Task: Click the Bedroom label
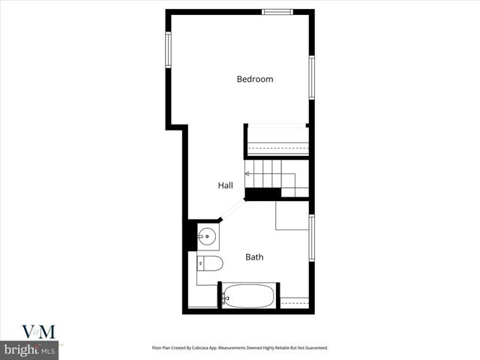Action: [255, 79]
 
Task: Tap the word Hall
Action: [225, 185]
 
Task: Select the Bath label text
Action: [254, 257]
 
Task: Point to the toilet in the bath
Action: [211, 263]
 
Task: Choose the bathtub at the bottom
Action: [247, 295]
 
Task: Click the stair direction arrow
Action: [247, 173]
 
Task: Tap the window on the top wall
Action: [277, 11]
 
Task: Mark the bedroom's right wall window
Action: [311, 77]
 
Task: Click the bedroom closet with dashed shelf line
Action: [277, 139]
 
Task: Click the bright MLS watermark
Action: [30, 349]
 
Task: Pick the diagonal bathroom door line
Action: [233, 210]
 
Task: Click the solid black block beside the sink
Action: [191, 235]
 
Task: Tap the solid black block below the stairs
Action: [262, 193]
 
